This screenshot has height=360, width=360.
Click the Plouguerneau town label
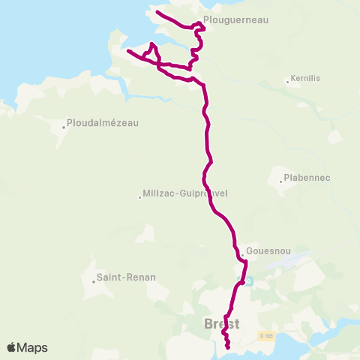tap(235, 22)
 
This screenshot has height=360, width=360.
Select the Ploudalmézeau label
tap(103, 122)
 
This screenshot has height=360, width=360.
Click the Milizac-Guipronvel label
tap(184, 193)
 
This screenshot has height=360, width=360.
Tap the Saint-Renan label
tap(126, 277)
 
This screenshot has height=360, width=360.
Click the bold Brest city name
tap(222, 324)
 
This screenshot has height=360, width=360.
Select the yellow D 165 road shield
tap(265, 334)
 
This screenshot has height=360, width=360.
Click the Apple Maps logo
tap(27, 347)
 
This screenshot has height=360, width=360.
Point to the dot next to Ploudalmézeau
tap(64, 127)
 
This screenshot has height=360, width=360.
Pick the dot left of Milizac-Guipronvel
tap(140, 197)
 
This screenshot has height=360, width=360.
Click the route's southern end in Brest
tap(227, 347)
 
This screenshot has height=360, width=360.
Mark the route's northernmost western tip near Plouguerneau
tap(156, 12)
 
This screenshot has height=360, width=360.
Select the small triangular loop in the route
tap(153, 52)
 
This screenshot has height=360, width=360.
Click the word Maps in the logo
tap(32, 347)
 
